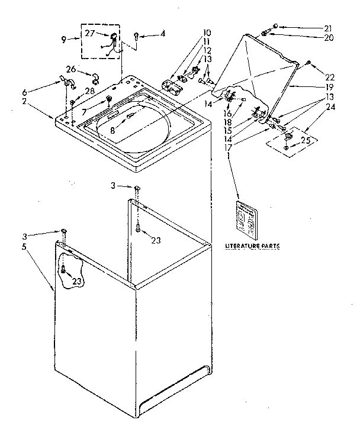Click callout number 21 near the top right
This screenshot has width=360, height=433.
(x=329, y=27)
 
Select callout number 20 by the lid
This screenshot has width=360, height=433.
(x=329, y=37)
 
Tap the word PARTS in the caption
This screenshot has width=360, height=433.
(x=269, y=245)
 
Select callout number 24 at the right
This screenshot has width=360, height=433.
(x=330, y=106)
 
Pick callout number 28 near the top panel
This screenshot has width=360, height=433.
(x=89, y=90)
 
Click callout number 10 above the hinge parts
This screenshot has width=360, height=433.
(x=207, y=33)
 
